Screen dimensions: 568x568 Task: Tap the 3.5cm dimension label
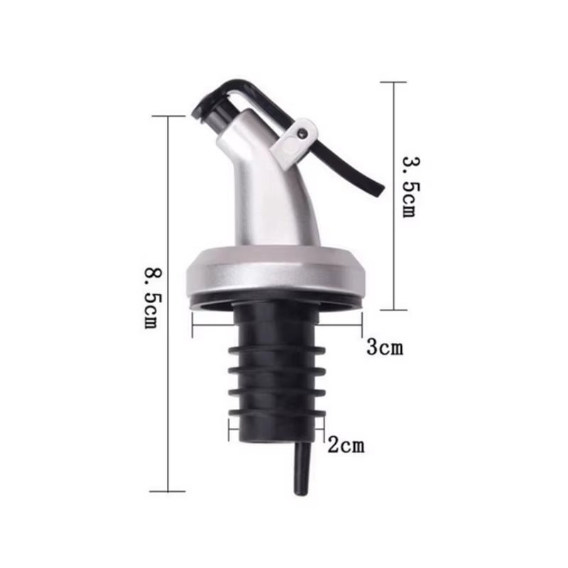click(409, 187)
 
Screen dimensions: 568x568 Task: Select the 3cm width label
click(384, 348)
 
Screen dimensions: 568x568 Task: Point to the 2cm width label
click(345, 446)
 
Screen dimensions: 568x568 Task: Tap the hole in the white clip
click(303, 131)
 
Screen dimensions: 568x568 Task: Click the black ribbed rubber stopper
click(276, 369)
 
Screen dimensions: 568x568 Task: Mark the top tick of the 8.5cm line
click(168, 116)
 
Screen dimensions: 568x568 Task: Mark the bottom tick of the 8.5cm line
click(168, 491)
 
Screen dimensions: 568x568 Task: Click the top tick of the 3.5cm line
click(393, 82)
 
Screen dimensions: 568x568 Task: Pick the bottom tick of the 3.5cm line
click(393, 310)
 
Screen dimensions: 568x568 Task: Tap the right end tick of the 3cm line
click(362, 329)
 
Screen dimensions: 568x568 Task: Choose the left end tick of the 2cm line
click(229, 430)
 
